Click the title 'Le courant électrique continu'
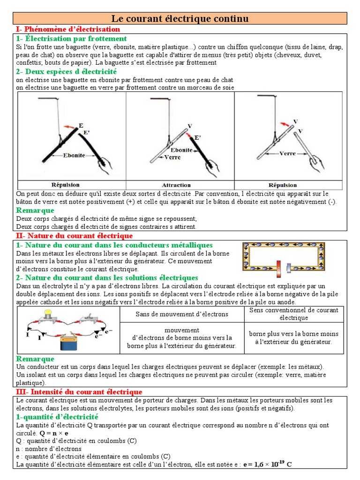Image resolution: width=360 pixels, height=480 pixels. (x=180, y=19)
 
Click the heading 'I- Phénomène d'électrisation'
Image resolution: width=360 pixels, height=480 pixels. (x=68, y=30)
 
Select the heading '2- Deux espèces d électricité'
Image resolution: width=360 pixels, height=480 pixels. (x=66, y=72)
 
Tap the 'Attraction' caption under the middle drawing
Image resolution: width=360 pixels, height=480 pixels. (x=176, y=185)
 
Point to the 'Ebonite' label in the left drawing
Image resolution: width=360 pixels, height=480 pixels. (x=75, y=156)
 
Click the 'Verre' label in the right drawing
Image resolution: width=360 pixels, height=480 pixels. (x=287, y=153)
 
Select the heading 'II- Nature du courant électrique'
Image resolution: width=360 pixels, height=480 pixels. (x=75, y=236)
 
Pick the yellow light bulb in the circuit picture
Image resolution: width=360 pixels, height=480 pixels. (x=47, y=313)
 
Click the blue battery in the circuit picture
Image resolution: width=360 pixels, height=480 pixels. (x=72, y=344)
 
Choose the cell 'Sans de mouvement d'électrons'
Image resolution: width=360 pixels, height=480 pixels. (x=182, y=314)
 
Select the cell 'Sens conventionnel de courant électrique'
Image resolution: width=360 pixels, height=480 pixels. (x=293, y=314)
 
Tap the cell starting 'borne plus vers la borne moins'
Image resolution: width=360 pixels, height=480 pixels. (x=293, y=337)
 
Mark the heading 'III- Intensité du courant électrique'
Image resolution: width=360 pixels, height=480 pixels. (x=79, y=391)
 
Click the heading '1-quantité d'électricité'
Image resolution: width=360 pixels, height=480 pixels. (x=57, y=417)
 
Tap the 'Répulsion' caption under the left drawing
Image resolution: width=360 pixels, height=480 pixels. (x=65, y=185)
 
